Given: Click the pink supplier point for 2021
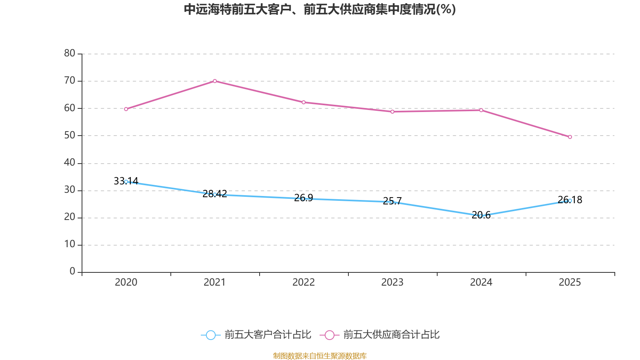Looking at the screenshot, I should point(215,81).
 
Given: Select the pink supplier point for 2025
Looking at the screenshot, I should point(570,137).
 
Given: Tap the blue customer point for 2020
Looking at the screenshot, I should point(126,182).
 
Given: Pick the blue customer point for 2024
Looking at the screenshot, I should point(481,216).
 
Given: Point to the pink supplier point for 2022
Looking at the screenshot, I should point(304,102).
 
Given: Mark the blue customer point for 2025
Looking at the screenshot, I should point(570,201).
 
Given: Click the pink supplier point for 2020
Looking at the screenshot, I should point(126,109).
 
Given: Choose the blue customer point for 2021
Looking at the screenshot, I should point(215,194).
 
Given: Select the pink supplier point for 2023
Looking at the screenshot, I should point(392,112).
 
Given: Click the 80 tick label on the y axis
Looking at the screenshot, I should point(70,54).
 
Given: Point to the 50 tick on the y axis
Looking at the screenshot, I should point(70,136).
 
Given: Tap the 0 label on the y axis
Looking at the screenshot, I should point(72,272).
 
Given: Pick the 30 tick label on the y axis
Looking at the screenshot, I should point(70,190).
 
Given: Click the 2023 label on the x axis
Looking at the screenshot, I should point(392,282).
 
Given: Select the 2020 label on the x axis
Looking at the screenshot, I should point(126,282).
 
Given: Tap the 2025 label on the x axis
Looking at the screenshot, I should point(570,282).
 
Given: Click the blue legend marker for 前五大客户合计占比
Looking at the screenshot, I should point(210,335).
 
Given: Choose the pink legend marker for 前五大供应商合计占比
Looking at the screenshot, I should point(329,335).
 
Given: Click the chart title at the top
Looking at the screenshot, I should point(320,10).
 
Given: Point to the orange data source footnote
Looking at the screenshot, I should point(320,356).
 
